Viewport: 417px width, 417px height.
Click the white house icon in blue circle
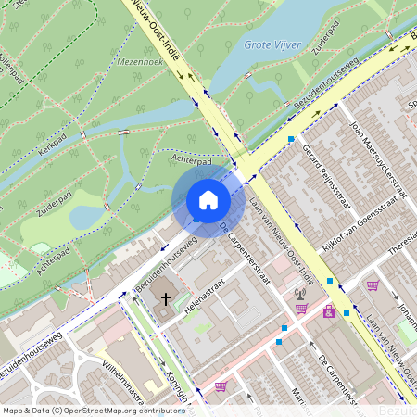[x=208, y=200]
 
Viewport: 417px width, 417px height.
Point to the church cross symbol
[x=167, y=299]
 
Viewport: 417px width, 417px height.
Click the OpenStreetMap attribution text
[x=93, y=410]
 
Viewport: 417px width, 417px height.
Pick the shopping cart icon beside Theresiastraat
[x=373, y=285]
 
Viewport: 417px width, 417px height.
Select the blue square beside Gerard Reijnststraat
[x=291, y=140]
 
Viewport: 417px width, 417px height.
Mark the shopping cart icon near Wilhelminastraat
[x=221, y=386]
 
